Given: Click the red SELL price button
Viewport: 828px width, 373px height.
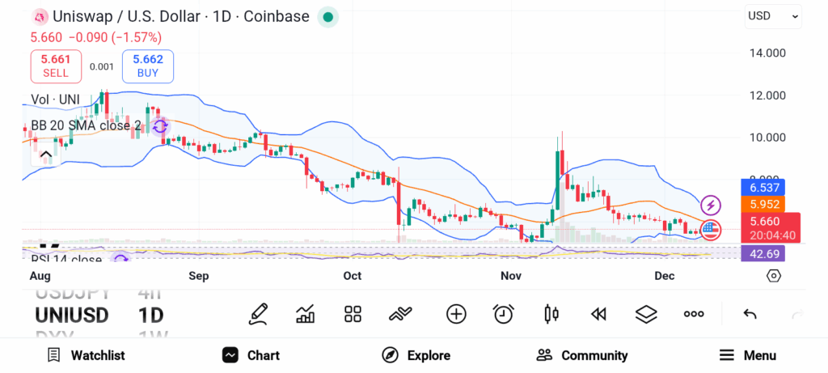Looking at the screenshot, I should click(x=56, y=66).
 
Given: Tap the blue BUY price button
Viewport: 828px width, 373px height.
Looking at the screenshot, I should click(x=148, y=66).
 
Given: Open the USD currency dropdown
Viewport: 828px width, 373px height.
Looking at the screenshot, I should click(x=773, y=15).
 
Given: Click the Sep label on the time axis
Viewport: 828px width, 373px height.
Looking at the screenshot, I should click(x=198, y=276).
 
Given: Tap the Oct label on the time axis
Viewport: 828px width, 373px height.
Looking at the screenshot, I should click(x=352, y=276).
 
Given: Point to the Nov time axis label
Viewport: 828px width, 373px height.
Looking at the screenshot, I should click(x=510, y=276).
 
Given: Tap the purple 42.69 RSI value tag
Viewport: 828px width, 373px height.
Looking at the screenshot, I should click(x=763, y=254).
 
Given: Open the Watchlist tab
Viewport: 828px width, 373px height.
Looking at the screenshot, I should click(x=86, y=355).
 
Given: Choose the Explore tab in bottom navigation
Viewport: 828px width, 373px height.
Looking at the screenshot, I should click(x=416, y=355).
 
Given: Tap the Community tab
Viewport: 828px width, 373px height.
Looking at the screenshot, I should click(x=582, y=355).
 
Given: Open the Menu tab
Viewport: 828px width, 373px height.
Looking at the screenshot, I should click(x=748, y=355).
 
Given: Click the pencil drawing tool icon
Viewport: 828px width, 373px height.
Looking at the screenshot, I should click(x=259, y=314).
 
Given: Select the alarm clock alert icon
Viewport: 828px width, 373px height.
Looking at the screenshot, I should click(x=504, y=314).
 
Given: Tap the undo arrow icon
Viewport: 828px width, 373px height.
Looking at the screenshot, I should click(x=750, y=314).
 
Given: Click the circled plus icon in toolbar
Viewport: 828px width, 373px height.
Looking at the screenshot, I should click(x=456, y=314).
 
